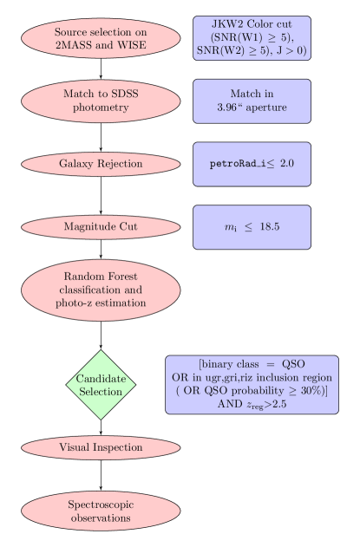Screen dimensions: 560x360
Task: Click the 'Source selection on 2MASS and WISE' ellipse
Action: coord(101,37)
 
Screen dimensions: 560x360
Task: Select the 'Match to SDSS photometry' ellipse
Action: coord(101,101)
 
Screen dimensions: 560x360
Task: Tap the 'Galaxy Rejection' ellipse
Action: coord(101,164)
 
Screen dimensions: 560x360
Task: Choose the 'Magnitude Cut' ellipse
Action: coord(101,227)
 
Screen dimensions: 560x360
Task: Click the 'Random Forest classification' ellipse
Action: coord(101,290)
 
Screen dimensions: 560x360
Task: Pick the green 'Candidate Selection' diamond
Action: coord(101,385)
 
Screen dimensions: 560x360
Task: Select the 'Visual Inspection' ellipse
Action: coord(101,447)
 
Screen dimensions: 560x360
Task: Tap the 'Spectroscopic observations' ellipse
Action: coord(101,511)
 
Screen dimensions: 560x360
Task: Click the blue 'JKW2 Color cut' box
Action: coord(252,37)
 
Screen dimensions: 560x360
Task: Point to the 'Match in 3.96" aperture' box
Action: coord(252,101)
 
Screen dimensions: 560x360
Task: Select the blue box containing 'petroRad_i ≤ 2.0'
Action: coord(252,164)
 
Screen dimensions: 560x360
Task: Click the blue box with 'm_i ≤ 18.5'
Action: coord(252,227)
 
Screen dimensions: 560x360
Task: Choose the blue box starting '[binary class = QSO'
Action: coord(252,385)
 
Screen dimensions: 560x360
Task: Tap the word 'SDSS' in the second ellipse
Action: coord(134,94)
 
